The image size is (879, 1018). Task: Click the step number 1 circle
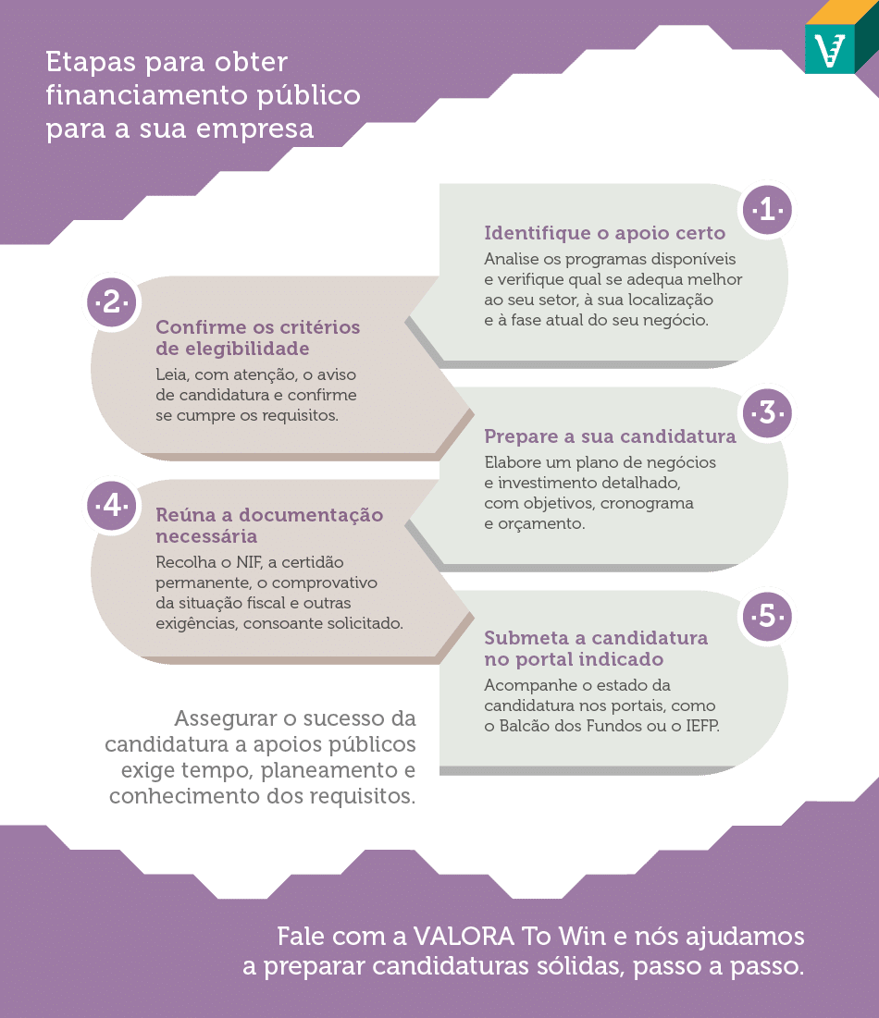tap(767, 210)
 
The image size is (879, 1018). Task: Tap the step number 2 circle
tap(112, 302)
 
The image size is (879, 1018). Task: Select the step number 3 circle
tap(767, 413)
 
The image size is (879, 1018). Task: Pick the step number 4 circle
tap(112, 505)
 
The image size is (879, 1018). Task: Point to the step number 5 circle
tap(767, 616)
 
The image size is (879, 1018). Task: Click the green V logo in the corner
tap(830, 49)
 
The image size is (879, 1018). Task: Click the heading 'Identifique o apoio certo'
tap(604, 233)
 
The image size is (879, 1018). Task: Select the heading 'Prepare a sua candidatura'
tap(610, 436)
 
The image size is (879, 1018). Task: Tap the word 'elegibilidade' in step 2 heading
tap(232, 349)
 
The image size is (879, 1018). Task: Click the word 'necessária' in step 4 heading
tap(206, 536)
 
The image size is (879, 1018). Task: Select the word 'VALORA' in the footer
tap(464, 937)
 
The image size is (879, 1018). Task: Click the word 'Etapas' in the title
tap(91, 63)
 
